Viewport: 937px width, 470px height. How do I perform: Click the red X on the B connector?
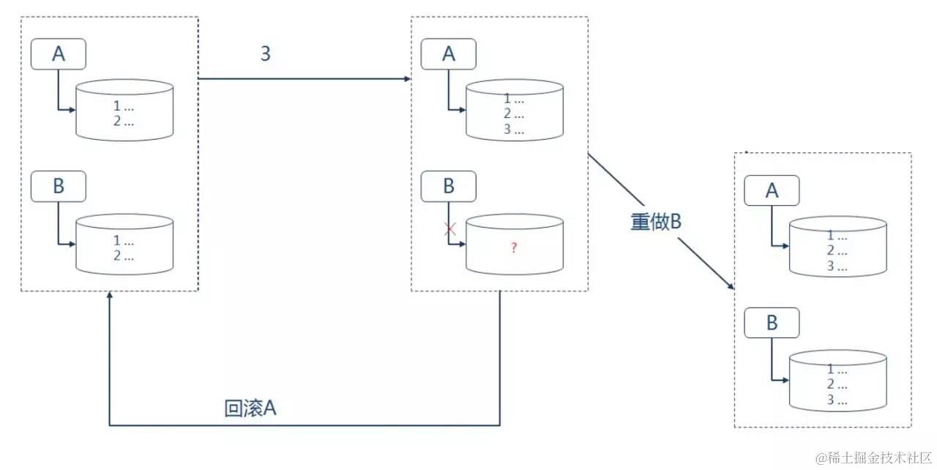pos(450,229)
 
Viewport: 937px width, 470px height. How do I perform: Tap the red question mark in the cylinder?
pos(514,248)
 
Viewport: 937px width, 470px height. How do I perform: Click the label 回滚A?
pos(250,409)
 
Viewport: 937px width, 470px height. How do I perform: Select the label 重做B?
pos(656,222)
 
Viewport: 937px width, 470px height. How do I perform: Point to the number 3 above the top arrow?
pos(265,53)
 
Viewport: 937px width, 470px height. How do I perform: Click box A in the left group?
pos(59,54)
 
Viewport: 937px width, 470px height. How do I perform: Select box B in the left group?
pos(59,186)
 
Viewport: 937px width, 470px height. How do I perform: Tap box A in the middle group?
pos(449,53)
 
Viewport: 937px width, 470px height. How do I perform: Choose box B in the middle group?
pos(449,186)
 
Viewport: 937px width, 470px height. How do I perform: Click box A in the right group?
pos(772,190)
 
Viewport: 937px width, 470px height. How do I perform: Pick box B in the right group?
pos(772,323)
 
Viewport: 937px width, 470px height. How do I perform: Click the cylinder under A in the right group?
pos(837,246)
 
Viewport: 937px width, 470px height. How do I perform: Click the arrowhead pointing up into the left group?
pos(109,296)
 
